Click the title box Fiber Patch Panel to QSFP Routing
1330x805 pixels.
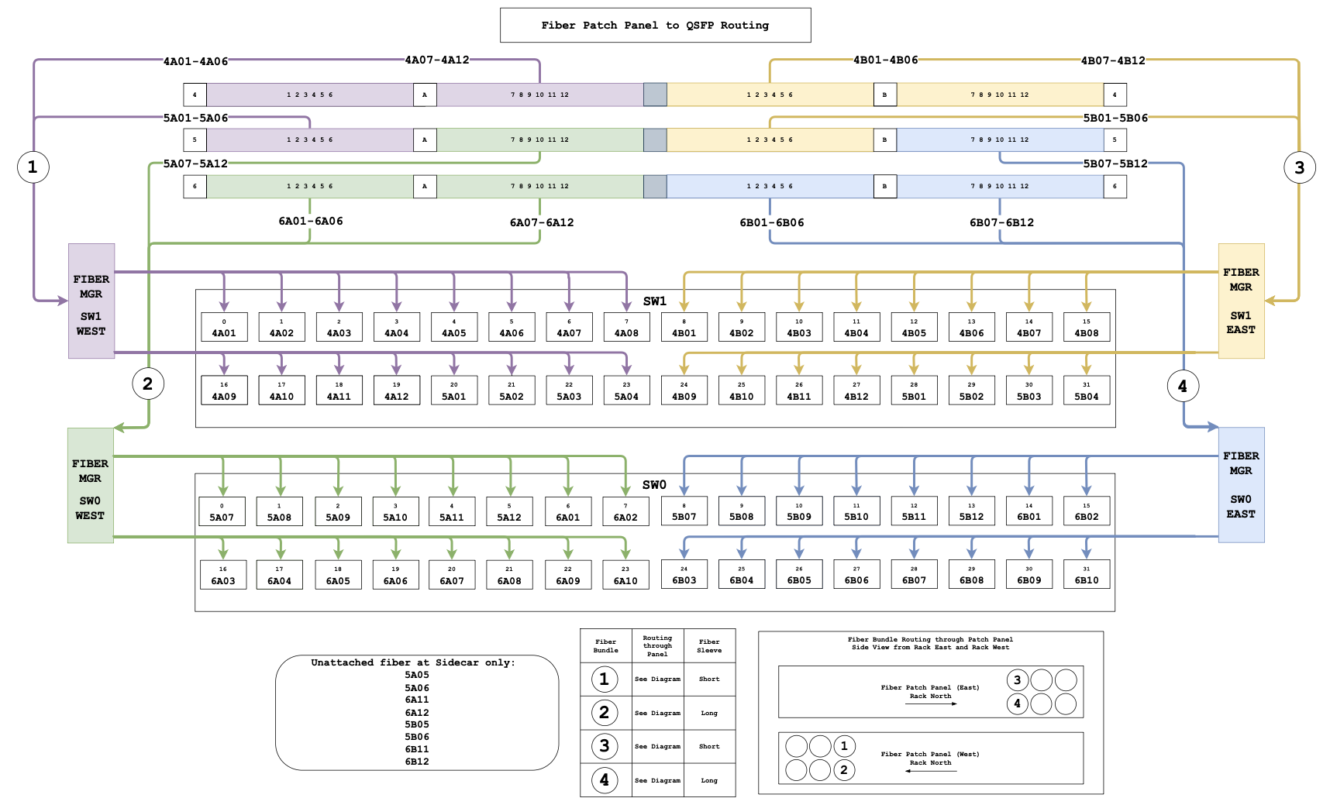(x=655, y=25)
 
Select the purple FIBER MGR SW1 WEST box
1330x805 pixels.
(x=91, y=301)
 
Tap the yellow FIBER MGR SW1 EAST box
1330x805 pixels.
(x=1241, y=301)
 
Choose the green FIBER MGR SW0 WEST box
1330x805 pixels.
(x=90, y=486)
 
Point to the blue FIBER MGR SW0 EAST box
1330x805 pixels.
(x=1241, y=485)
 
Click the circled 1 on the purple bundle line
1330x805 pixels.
(x=33, y=167)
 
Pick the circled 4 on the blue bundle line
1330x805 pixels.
(x=1183, y=386)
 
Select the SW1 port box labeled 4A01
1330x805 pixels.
(x=224, y=327)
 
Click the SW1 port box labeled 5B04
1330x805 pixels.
(x=1087, y=390)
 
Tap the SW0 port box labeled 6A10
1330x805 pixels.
(x=625, y=575)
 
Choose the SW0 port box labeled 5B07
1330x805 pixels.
(x=684, y=511)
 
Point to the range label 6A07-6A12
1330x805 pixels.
(x=542, y=222)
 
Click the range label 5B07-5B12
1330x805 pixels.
(x=1115, y=163)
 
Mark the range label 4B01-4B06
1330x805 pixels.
(x=885, y=60)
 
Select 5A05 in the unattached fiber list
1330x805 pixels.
(x=417, y=675)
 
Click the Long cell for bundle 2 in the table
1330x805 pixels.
(x=709, y=713)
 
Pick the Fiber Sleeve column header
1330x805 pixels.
(x=709, y=646)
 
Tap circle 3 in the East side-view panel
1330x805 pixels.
(x=1018, y=680)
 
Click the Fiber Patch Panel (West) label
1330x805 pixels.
(x=930, y=754)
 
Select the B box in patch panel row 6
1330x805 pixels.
(x=885, y=186)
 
